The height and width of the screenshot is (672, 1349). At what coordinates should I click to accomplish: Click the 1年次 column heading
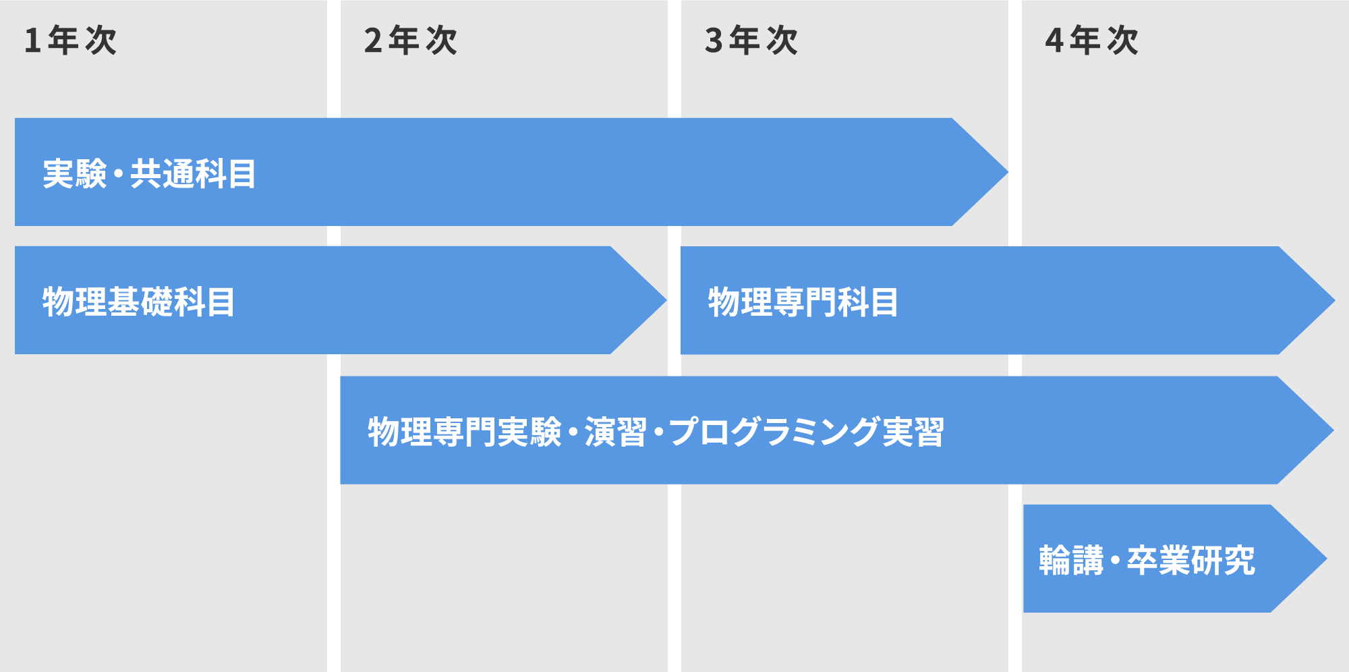(70, 40)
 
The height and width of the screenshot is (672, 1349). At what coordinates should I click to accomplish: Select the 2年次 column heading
(411, 40)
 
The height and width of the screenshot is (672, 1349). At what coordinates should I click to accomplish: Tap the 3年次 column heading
(751, 40)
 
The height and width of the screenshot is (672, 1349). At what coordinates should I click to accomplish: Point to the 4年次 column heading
(1092, 40)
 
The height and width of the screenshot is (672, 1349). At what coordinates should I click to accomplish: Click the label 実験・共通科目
(149, 173)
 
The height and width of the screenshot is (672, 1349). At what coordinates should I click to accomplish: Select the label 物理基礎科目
(139, 302)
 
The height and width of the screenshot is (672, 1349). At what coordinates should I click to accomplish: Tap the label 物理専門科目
(803, 302)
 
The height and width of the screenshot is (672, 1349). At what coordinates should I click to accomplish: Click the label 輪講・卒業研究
(1147, 560)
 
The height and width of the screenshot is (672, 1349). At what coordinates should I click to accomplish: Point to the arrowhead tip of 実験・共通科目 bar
(1008, 172)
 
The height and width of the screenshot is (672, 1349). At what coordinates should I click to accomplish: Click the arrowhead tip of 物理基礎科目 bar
(666, 300)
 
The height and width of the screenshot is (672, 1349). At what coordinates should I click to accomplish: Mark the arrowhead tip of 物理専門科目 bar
(1334, 300)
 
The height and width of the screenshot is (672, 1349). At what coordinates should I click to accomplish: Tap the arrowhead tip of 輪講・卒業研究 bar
(1326, 559)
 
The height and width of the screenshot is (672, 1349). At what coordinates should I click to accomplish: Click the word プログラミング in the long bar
(775, 432)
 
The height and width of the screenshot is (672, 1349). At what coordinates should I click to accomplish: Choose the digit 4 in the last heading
(1054, 40)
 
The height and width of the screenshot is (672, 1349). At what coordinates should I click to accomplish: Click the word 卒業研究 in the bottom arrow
(1191, 560)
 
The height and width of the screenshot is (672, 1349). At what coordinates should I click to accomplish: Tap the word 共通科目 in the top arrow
(193, 173)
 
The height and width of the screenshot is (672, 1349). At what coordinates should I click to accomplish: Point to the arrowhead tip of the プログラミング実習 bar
(1333, 430)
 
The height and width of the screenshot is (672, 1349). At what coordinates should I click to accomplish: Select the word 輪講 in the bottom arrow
(1071, 560)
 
